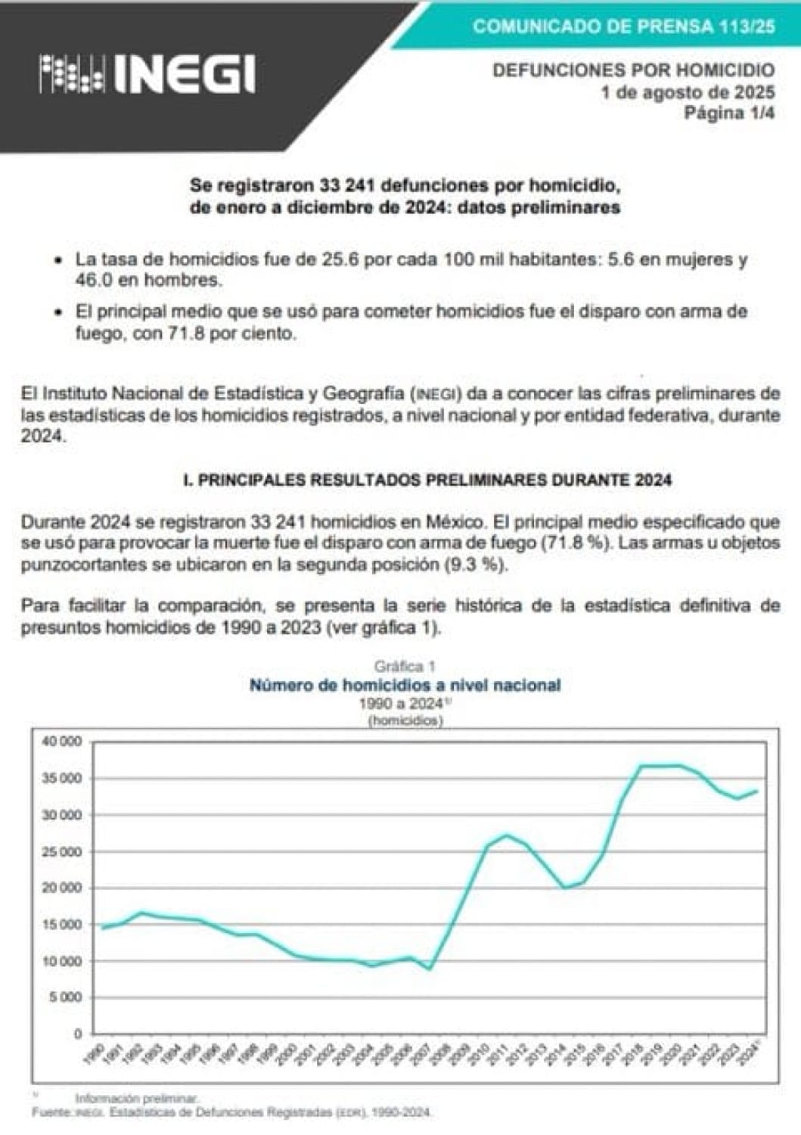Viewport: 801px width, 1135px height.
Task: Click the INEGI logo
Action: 147,75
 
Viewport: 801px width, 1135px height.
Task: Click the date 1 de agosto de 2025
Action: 688,92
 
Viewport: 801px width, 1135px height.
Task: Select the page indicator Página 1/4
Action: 729,113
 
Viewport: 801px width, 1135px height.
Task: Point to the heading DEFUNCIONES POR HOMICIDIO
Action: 633,70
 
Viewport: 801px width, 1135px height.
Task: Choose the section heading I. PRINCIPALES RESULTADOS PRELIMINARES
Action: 427,480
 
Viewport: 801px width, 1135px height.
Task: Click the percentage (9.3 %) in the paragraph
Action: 479,564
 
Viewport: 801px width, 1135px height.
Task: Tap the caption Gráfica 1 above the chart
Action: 405,667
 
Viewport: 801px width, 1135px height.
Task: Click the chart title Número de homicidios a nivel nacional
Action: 405,686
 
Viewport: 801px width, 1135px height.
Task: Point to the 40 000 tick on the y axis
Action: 61,742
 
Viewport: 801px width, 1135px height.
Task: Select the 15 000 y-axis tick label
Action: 61,925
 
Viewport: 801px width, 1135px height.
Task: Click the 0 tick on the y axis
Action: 77,1034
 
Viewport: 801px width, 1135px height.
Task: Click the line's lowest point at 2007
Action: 430,969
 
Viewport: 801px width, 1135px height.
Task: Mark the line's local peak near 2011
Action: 507,835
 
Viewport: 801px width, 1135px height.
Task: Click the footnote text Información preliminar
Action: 136,1097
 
